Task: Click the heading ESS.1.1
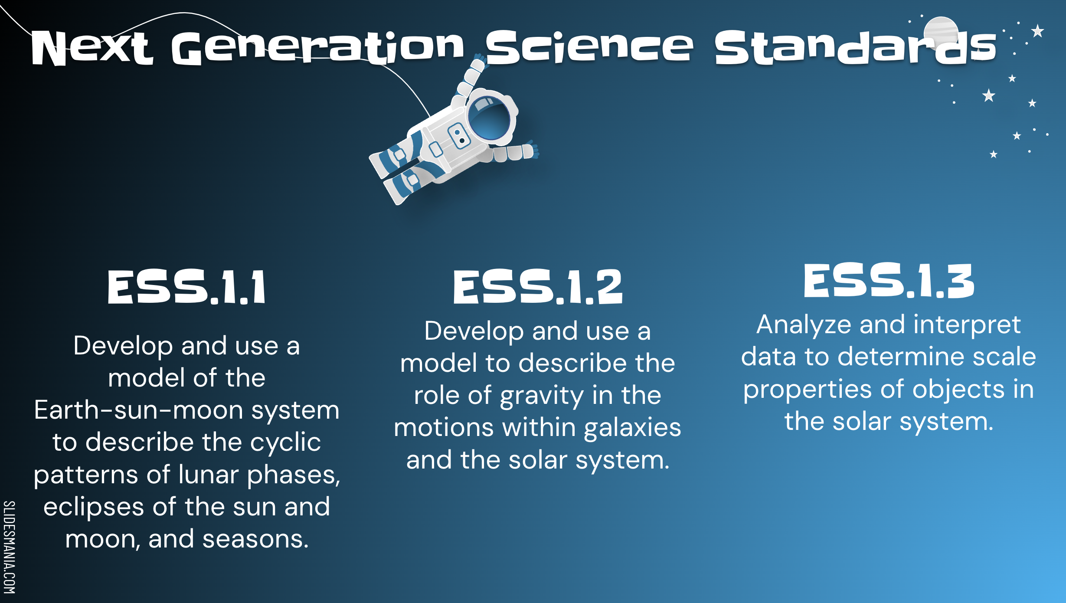pyautogui.click(x=186, y=287)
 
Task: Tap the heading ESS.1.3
pyautogui.click(x=889, y=281)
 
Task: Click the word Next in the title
pyautogui.click(x=92, y=48)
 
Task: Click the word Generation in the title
pyautogui.click(x=318, y=48)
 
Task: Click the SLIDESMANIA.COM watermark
pyautogui.click(x=9, y=547)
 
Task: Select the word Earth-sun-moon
pyautogui.click(x=138, y=410)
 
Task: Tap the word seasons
pyautogui.click(x=255, y=539)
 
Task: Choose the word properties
pyautogui.click(x=807, y=390)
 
